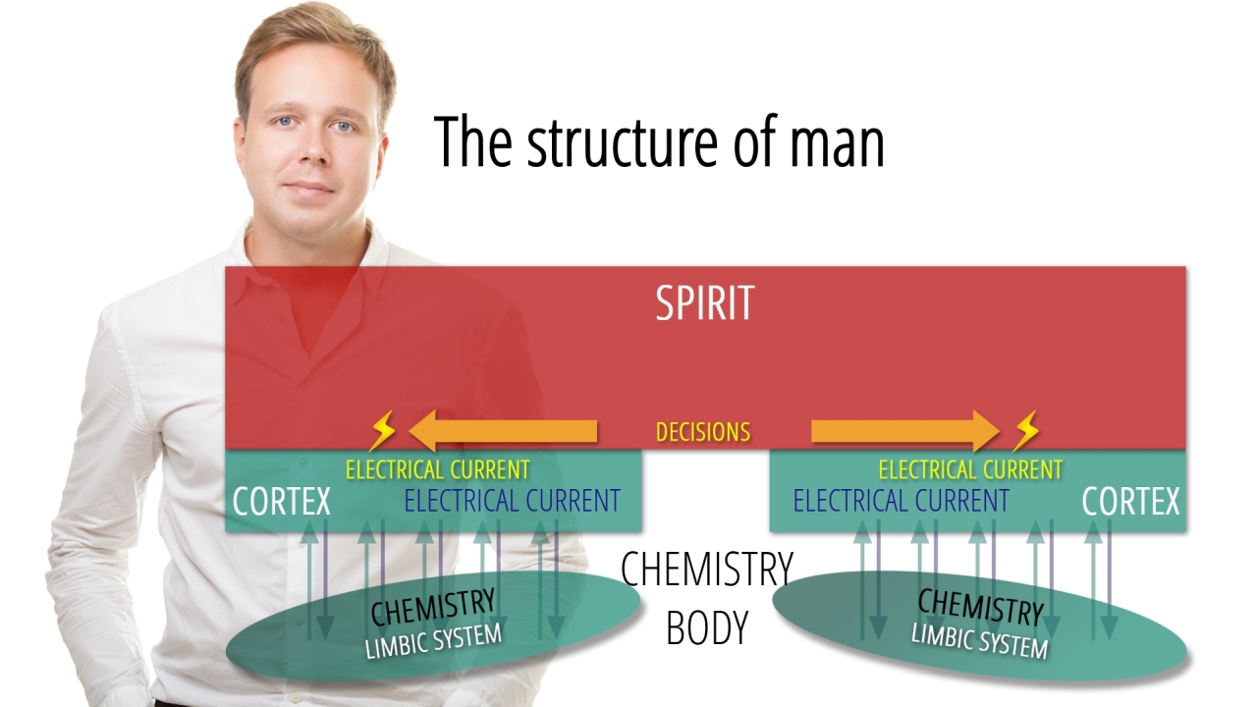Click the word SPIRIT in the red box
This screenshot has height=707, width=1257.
click(704, 303)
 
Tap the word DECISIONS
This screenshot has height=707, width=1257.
click(703, 432)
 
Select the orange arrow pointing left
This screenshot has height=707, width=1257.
click(503, 431)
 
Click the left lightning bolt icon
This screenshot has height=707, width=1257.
click(382, 431)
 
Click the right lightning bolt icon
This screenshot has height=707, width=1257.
click(1026, 431)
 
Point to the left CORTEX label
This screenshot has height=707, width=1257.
click(282, 502)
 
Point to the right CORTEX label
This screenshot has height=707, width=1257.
click(1130, 502)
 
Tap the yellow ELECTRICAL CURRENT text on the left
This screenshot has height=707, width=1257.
click(437, 469)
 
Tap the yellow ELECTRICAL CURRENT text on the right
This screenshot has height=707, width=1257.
click(970, 469)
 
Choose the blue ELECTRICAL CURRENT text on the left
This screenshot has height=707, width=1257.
click(512, 501)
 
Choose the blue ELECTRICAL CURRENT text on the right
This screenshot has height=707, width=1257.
click(901, 501)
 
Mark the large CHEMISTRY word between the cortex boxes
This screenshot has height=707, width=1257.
click(707, 570)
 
